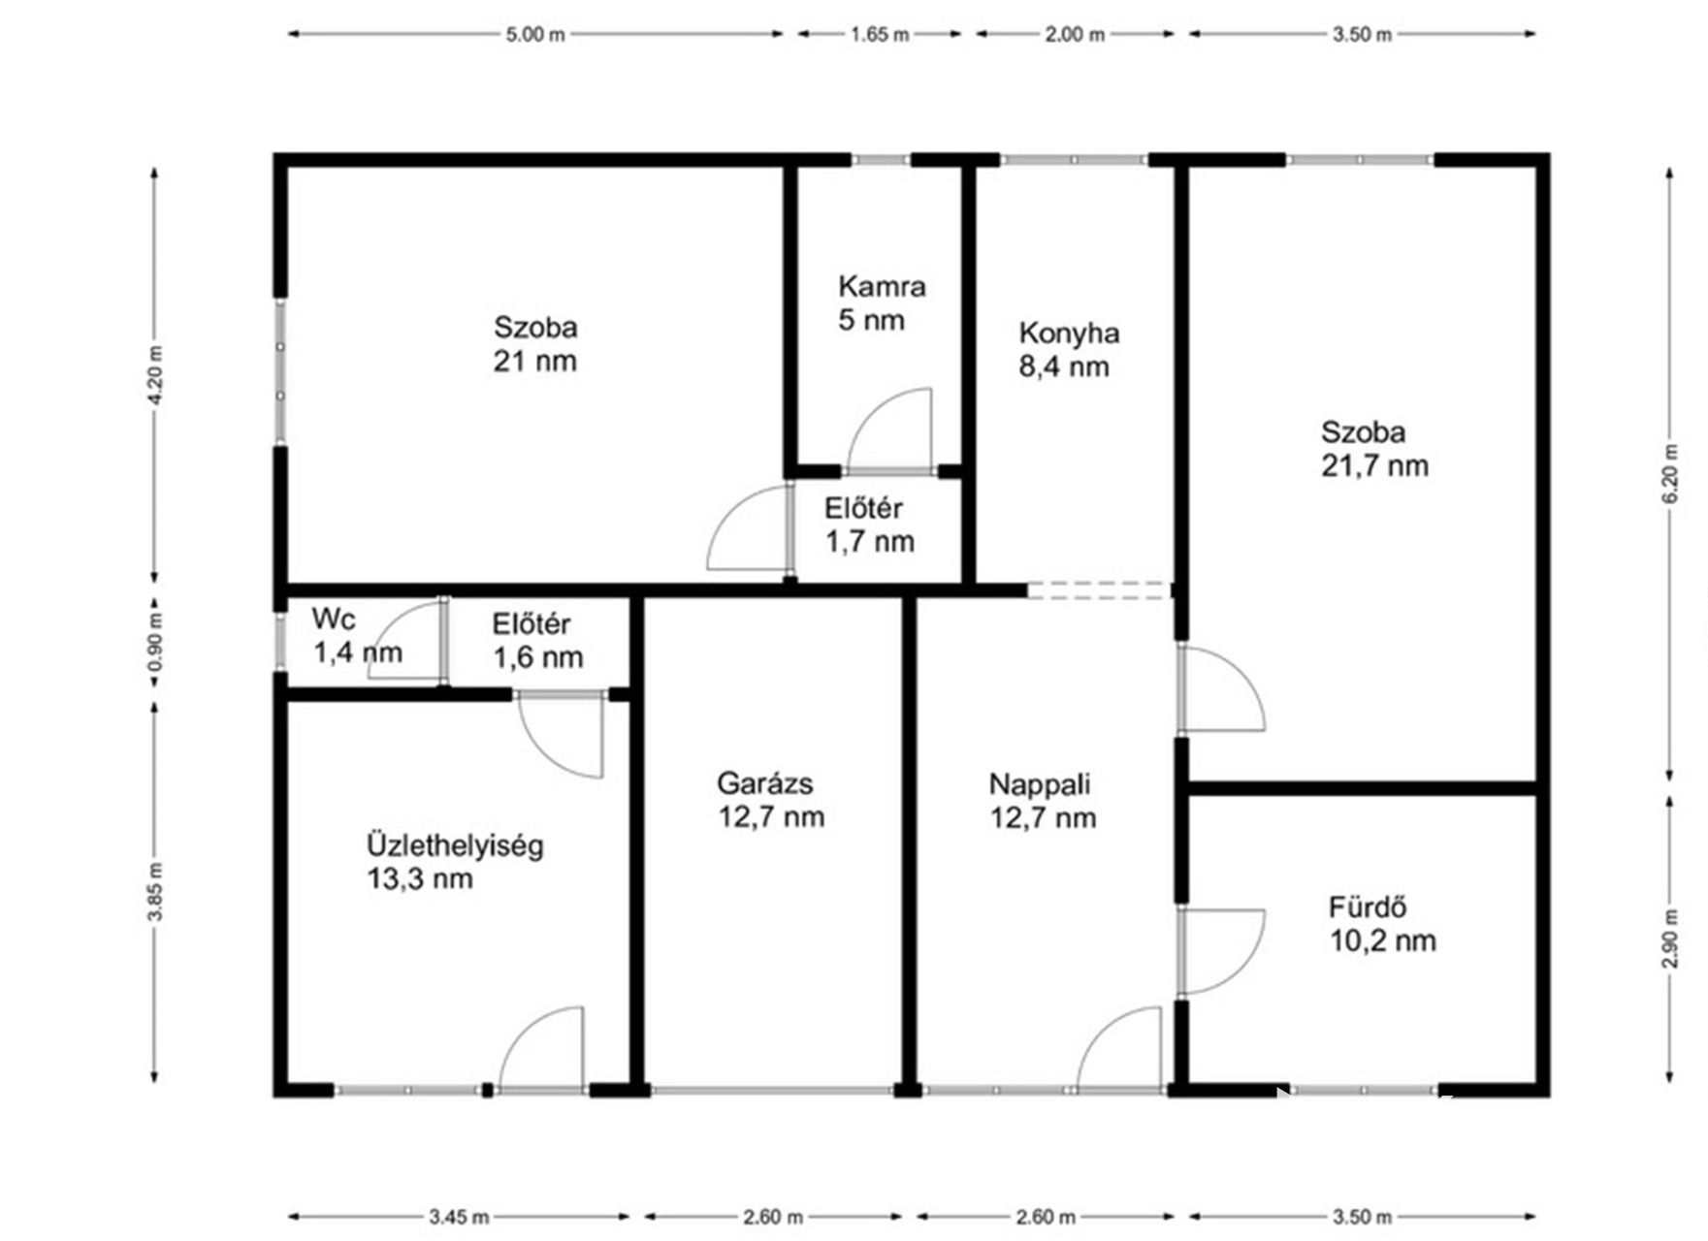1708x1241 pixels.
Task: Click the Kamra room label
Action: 882,287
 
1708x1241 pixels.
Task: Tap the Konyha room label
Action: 1069,334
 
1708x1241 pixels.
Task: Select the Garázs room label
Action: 764,782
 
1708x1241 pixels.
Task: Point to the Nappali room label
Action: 1039,783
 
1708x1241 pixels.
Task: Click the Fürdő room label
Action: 1368,907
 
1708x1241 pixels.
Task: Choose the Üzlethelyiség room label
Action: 455,845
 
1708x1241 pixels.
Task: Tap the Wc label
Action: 334,619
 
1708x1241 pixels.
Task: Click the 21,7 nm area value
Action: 1374,466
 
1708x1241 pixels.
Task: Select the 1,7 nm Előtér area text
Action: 869,542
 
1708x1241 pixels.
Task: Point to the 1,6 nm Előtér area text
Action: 538,657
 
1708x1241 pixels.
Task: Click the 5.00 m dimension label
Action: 534,35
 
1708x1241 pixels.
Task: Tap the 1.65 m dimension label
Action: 880,35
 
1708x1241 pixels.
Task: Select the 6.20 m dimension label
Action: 1669,474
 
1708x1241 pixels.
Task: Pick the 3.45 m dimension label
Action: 459,1217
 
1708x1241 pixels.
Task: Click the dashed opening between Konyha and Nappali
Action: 1100,590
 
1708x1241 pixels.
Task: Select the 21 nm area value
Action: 534,362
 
